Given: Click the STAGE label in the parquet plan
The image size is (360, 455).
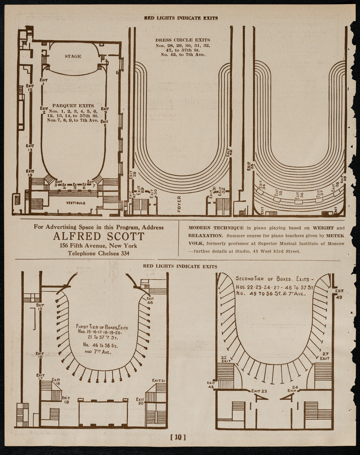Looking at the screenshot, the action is (73, 56).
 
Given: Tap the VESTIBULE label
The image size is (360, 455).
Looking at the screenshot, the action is (74, 203).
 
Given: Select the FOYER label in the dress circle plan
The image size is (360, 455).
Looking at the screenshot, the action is (179, 203).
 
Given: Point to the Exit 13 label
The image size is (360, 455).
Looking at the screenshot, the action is (30, 148).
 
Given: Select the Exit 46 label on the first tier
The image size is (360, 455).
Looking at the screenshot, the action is (150, 301).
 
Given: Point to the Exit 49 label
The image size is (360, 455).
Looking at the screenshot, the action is (339, 294).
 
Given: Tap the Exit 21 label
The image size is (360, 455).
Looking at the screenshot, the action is (158, 380).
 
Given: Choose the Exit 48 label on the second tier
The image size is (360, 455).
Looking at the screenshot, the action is (211, 385).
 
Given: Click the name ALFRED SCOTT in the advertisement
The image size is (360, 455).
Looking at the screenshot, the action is (98, 236).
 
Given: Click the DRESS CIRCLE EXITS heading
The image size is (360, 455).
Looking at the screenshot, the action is (182, 40).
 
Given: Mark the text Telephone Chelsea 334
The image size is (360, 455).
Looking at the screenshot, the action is (98, 253).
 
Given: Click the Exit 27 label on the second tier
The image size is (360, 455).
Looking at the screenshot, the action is (325, 356).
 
